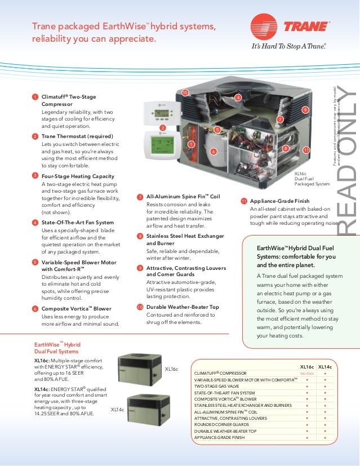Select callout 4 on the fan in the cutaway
click(238, 98)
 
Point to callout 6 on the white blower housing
click(213, 152)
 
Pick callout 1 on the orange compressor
click(190, 144)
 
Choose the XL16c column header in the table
click(307, 366)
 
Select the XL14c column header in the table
click(325, 366)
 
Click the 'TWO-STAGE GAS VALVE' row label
click(217, 386)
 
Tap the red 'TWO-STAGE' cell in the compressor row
click(306, 373)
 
